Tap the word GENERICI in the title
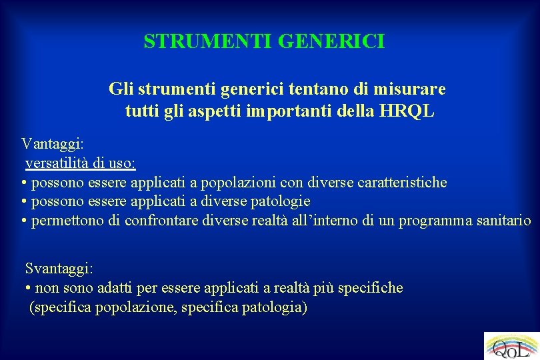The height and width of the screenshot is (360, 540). pos(331,42)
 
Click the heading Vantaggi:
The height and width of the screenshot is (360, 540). pos(52,143)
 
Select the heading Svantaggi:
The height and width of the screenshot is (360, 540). pos(59,268)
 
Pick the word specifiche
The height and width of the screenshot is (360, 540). pos(371,287)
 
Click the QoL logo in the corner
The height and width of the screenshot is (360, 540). pos(511,346)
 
